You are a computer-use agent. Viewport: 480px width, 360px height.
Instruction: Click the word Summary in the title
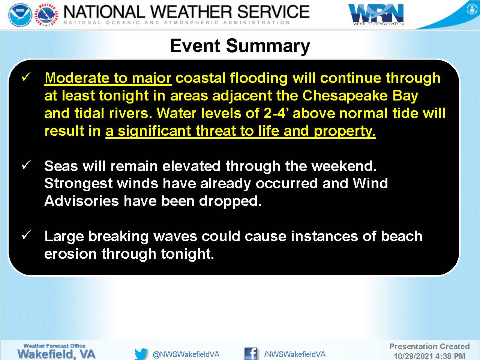click(268, 46)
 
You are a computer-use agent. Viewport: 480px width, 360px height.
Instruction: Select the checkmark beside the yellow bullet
click(26, 77)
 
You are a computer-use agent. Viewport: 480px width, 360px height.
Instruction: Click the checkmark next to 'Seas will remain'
click(26, 165)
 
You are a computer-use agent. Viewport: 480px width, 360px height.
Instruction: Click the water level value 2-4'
click(277, 113)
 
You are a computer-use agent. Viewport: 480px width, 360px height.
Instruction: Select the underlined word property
click(345, 132)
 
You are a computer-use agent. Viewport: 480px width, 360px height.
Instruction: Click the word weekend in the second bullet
click(344, 166)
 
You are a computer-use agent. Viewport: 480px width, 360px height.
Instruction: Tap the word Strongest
click(78, 184)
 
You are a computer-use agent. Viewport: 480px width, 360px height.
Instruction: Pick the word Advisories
click(82, 201)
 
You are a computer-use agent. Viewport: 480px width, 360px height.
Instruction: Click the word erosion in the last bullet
click(70, 254)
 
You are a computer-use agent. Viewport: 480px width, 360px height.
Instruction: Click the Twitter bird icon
click(141, 354)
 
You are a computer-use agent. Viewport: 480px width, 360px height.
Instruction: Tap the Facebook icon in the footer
click(251, 354)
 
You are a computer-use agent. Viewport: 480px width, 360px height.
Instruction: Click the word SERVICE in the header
click(273, 12)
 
